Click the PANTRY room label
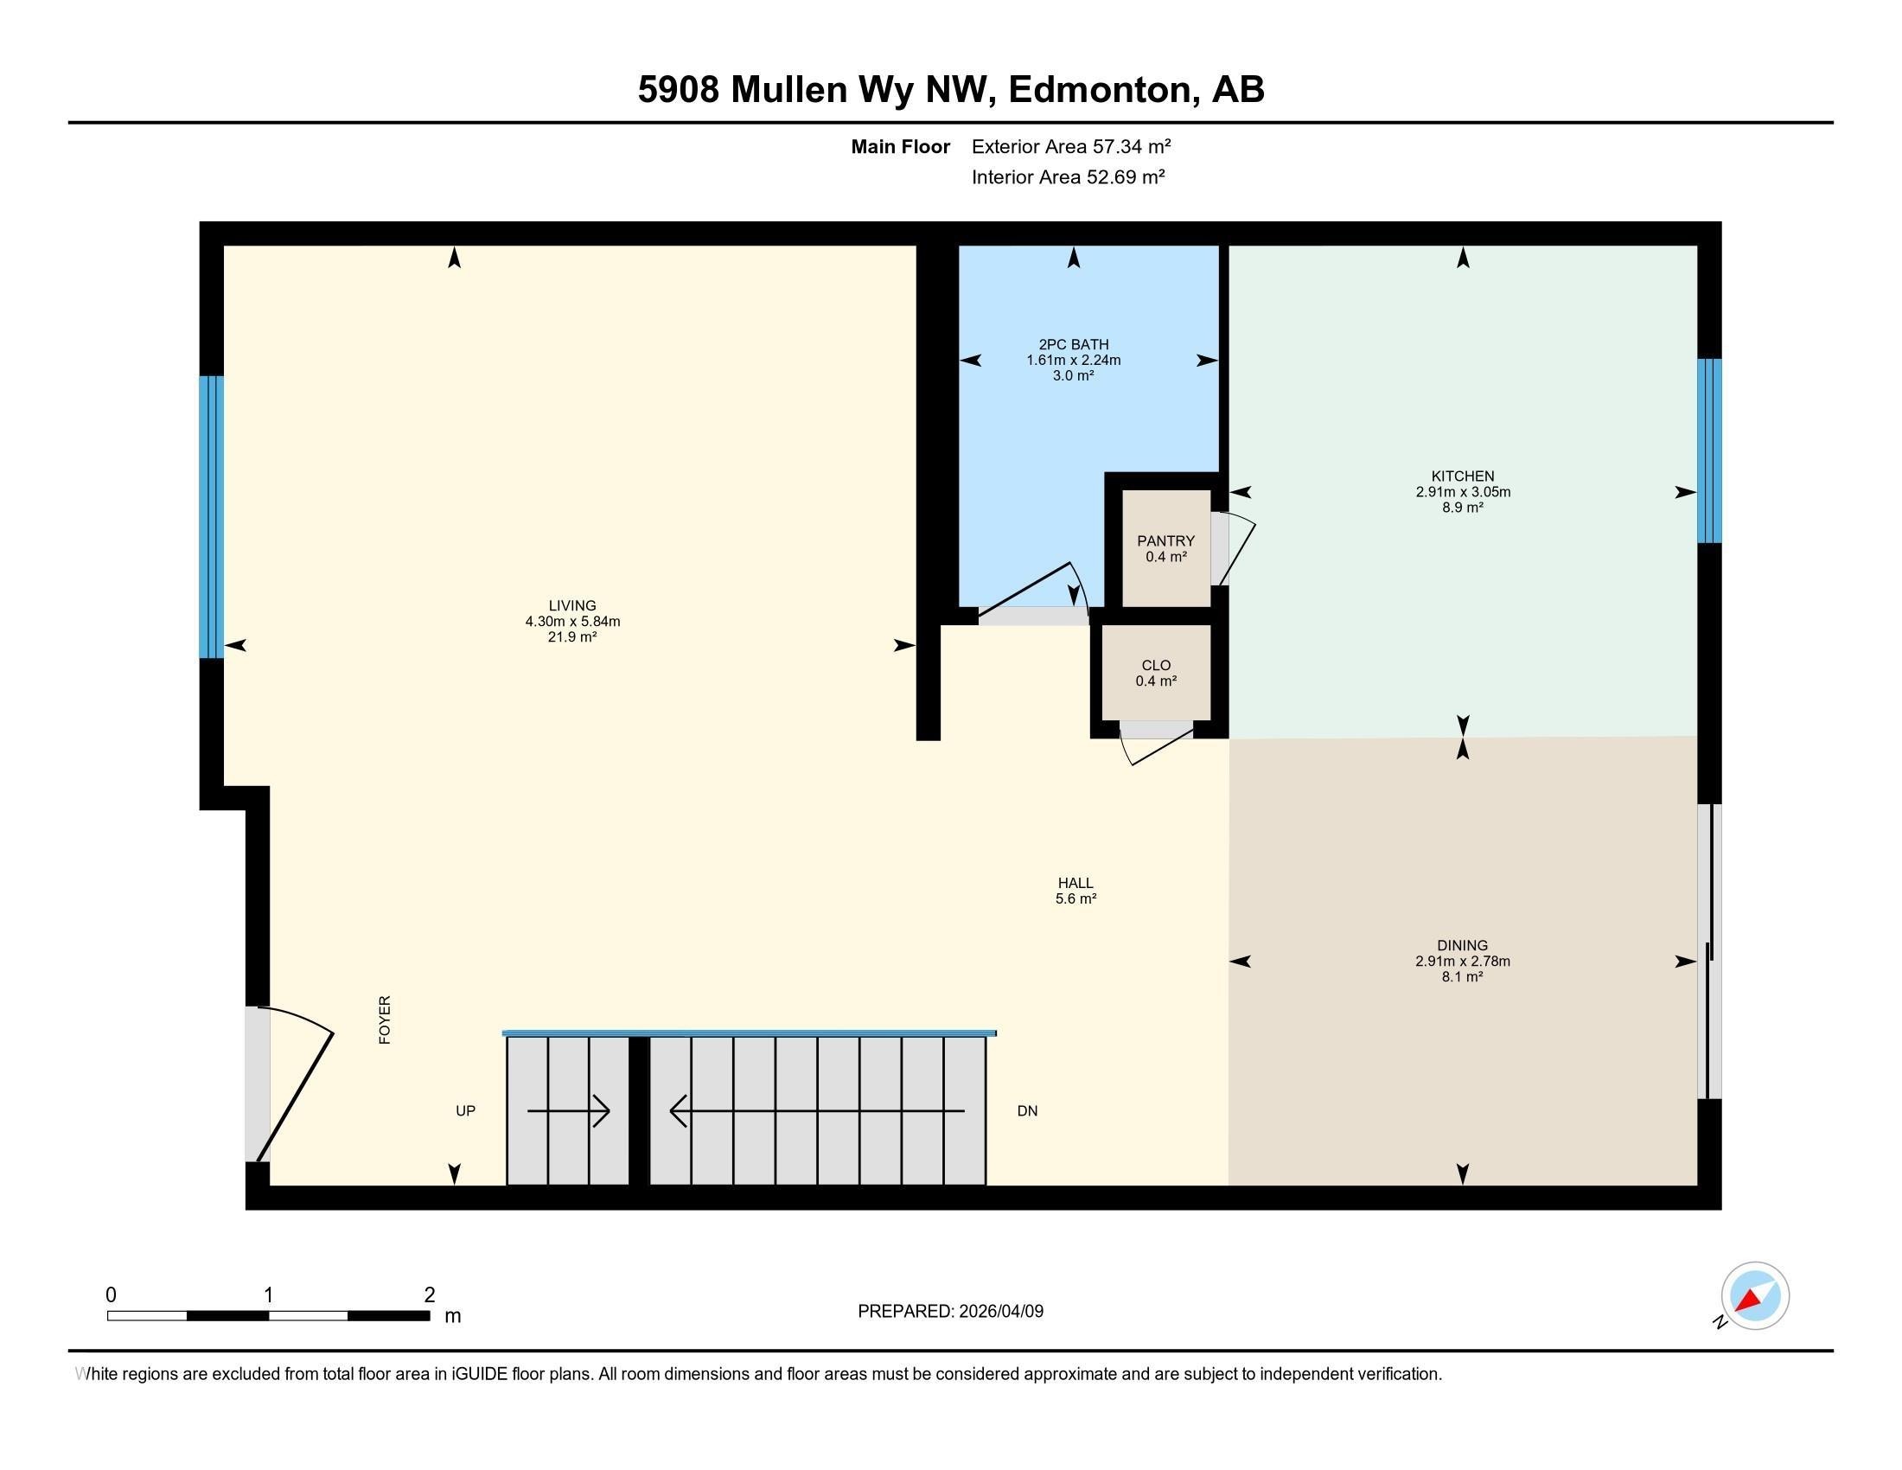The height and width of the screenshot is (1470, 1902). [1165, 540]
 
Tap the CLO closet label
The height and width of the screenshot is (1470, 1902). [1156, 665]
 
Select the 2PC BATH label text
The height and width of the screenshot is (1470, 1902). [1073, 345]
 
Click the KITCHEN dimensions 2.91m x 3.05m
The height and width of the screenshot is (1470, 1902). [1462, 492]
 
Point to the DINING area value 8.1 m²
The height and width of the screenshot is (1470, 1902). [1462, 977]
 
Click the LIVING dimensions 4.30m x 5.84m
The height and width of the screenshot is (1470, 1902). [572, 622]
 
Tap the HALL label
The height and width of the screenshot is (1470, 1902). [1075, 883]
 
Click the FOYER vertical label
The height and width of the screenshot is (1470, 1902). [385, 1019]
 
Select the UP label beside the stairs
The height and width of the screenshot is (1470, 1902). [466, 1111]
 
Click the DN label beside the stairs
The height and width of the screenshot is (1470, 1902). [1028, 1111]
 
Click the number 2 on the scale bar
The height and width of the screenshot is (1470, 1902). [430, 1295]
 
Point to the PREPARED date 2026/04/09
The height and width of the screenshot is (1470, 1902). [999, 1312]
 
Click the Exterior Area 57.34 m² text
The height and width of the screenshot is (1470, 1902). [1070, 146]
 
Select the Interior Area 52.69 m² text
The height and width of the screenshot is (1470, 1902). [1068, 177]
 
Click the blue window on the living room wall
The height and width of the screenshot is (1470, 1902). [212, 516]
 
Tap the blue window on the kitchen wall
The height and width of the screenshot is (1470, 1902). [1708, 451]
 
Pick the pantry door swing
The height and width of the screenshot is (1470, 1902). [1235, 548]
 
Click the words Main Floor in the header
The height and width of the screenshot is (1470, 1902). [900, 146]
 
